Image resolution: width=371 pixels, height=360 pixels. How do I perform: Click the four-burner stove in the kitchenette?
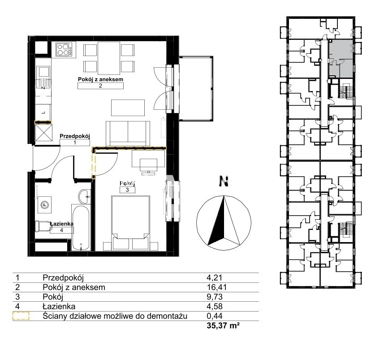coord(65,49)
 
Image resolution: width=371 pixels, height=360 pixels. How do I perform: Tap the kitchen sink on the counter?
coord(43,78)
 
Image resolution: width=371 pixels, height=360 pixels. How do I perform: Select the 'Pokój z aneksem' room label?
coord(100,79)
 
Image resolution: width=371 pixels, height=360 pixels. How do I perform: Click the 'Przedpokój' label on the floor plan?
coord(75,136)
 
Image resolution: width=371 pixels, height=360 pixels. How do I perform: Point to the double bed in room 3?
coord(130,222)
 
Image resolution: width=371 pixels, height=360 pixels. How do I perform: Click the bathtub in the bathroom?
coord(81,227)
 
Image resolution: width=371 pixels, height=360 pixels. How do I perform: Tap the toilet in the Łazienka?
coord(43,226)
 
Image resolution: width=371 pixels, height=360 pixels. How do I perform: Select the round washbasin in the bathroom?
coord(85,196)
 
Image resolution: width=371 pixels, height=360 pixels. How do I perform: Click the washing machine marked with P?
coord(44,205)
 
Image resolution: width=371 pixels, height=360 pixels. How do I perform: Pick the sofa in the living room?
coord(128,134)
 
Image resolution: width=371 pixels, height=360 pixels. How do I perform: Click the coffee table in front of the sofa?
coord(128,108)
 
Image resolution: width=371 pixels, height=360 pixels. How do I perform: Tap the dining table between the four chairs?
coord(109,58)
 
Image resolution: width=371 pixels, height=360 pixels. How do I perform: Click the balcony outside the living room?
coord(196,88)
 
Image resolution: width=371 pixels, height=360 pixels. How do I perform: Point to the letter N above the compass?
coord(224,181)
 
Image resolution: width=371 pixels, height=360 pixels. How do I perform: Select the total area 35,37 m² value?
coord(223,325)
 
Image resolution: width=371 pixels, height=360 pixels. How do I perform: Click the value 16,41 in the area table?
coord(217,287)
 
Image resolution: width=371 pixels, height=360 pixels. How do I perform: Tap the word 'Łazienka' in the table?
coord(59,306)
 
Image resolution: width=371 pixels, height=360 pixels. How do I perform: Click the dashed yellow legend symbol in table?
coord(21,316)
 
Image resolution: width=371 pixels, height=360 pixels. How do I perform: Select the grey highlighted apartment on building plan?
coord(341,58)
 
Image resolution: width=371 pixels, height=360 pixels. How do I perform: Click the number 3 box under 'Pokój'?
coord(127,190)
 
